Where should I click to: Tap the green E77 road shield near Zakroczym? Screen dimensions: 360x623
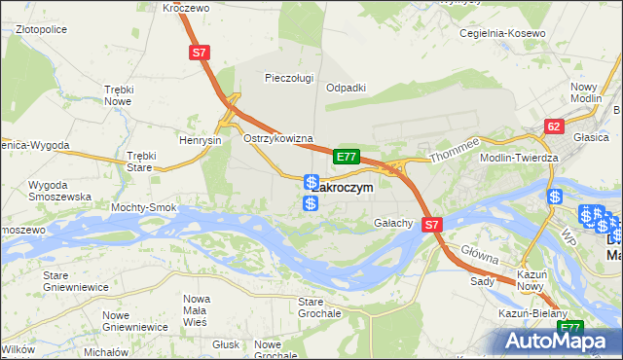tap(348, 156)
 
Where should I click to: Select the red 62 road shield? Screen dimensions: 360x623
tap(554, 126)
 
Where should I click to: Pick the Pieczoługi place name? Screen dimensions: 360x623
tap(290, 78)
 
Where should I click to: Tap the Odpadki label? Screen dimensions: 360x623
tap(346, 87)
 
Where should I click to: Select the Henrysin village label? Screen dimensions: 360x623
tap(202, 139)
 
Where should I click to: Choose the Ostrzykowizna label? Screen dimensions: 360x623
tap(277, 138)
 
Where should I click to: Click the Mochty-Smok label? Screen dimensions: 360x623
tap(144, 207)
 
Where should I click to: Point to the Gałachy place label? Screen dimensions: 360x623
tap(394, 223)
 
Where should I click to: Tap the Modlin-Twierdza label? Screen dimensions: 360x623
tap(519, 158)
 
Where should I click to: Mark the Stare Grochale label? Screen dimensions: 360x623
tap(318, 307)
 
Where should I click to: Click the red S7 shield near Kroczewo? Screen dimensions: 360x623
tap(200, 54)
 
